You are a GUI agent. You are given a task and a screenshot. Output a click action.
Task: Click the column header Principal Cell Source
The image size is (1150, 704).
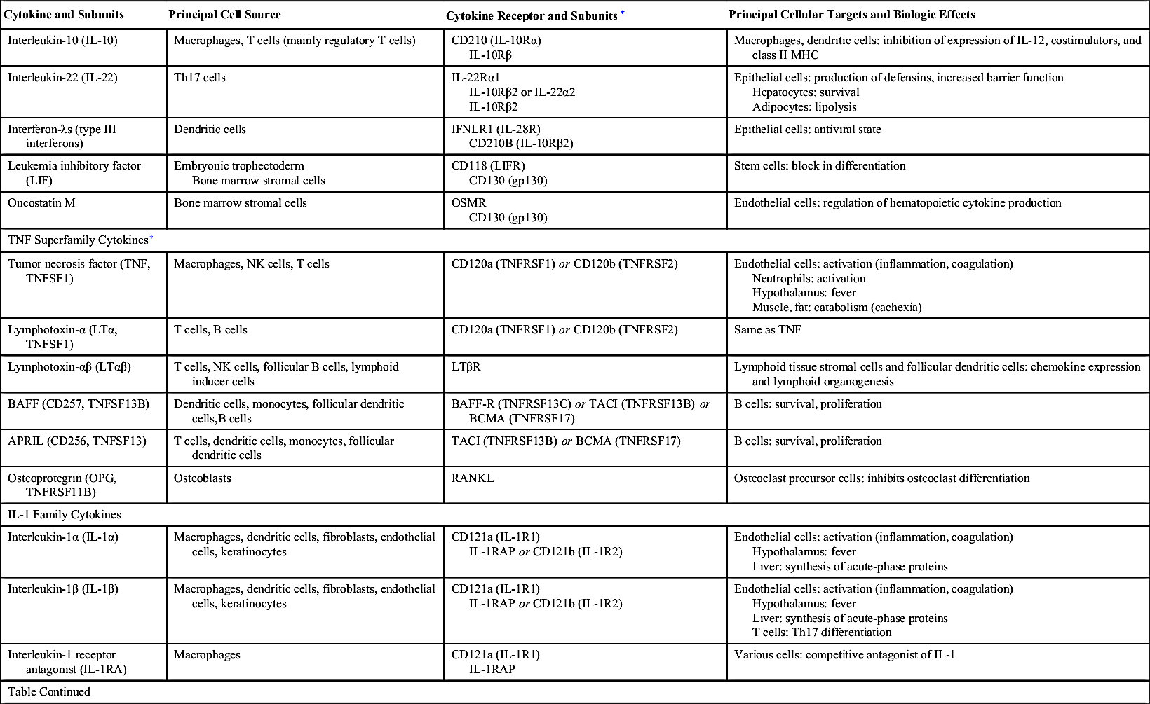[224, 15]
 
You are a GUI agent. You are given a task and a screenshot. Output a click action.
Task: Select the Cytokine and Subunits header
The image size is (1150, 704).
[64, 15]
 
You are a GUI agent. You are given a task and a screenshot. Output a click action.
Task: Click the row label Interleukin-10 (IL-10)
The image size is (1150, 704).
[62, 41]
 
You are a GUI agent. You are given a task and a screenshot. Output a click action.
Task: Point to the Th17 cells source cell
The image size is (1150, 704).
[200, 78]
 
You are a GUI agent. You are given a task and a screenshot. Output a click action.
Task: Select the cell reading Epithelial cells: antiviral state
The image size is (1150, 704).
[807, 130]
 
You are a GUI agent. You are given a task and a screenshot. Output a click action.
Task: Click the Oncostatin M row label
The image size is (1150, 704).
[41, 203]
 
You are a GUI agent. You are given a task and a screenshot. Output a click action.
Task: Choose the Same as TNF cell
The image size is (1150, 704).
[767, 330]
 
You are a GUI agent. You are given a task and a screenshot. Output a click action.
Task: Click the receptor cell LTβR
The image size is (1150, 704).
[466, 367]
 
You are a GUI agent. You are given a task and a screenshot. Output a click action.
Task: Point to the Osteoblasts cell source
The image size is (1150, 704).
[203, 478]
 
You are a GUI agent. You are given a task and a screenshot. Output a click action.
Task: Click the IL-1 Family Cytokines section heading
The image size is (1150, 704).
[65, 515]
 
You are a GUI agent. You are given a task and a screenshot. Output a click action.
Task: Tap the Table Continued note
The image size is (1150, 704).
[49, 692]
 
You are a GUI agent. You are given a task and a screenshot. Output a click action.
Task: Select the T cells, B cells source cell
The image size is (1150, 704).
[210, 330]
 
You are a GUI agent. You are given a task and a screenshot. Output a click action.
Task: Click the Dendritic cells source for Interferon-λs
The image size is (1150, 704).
[210, 130]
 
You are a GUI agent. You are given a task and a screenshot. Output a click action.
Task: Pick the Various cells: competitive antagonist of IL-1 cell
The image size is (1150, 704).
[844, 656]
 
